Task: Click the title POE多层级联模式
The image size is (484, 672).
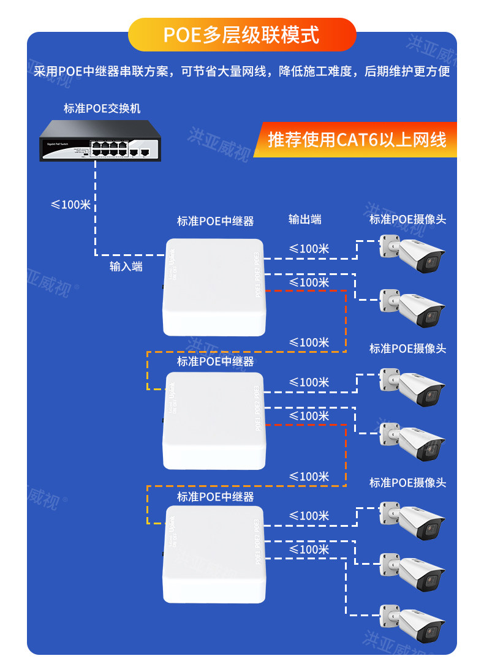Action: coord(241,35)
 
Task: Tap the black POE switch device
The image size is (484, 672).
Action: coord(100,142)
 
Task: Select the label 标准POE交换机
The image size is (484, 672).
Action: coord(102,108)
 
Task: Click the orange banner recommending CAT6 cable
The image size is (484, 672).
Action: coord(357,140)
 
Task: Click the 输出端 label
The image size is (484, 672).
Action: coord(305,219)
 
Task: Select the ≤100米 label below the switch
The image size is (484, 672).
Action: coord(70,205)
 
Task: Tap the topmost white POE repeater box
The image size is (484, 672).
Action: coord(214,286)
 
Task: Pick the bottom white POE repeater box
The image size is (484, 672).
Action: coord(214,554)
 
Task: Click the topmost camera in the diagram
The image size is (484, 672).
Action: coord(411,253)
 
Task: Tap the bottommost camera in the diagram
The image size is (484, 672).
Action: coord(411,624)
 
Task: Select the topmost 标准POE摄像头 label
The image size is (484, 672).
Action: coord(407,219)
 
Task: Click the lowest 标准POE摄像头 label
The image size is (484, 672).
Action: coord(407,483)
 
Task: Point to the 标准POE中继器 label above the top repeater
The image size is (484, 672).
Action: coord(215,221)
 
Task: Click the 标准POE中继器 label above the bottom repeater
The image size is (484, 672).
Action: coord(215,496)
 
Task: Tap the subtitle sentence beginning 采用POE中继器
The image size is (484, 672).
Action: coord(241,72)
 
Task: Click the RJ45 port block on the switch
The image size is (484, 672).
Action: coord(110,148)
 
